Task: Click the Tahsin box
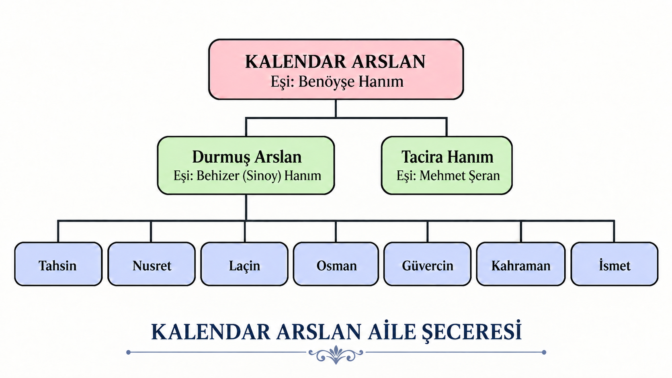[59, 264]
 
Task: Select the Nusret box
[152, 264]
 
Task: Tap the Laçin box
[244, 264]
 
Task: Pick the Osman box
[336, 264]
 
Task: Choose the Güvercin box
[428, 264]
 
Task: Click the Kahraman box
[521, 264]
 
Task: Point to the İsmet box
[615, 264]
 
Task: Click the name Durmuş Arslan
[247, 157]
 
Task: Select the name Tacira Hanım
[447, 157]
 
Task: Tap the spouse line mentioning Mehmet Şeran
[448, 176]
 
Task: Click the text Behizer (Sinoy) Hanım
[258, 176]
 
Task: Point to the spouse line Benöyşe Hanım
[337, 82]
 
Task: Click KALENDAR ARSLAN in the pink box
[336, 61]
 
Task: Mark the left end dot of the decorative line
[128, 352]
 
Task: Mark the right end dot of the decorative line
[544, 352]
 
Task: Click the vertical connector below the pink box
[336, 108]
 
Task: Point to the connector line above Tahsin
[58, 231]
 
